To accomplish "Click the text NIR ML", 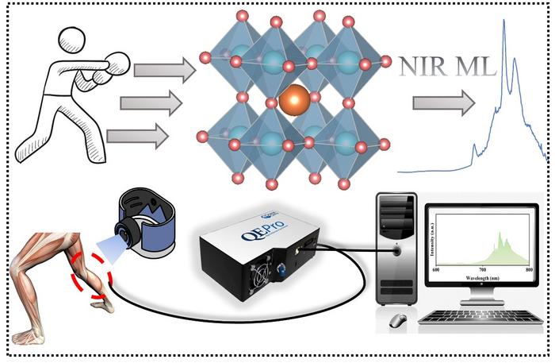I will coord(444,67).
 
